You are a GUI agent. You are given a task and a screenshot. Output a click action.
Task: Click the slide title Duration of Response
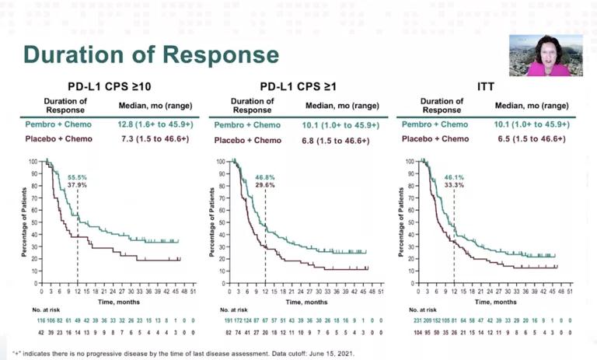pyautogui.click(x=151, y=54)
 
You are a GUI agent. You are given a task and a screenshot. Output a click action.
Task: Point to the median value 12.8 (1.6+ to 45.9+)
pyautogui.click(x=155, y=125)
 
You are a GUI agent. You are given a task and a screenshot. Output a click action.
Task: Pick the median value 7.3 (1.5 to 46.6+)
pyautogui.click(x=155, y=140)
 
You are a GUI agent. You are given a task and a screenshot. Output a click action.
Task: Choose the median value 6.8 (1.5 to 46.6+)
pyautogui.click(x=339, y=140)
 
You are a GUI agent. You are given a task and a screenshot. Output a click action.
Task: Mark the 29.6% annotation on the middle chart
pyautogui.click(x=265, y=185)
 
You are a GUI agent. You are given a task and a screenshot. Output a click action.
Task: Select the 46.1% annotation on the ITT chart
pyautogui.click(x=455, y=178)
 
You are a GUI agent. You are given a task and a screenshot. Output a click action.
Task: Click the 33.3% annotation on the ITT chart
pyautogui.click(x=455, y=185)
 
